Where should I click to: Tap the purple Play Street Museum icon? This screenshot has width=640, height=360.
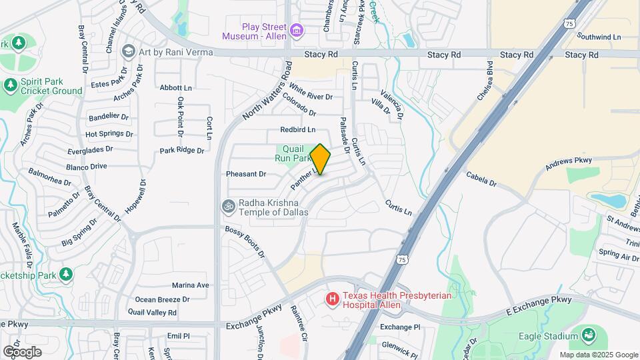296,29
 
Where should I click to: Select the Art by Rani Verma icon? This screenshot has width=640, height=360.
128,51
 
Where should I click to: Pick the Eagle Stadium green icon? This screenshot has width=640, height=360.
588,335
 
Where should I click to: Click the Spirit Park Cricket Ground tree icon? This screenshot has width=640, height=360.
10,85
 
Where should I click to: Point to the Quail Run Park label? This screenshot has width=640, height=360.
294,154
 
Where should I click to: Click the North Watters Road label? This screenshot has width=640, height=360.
267,91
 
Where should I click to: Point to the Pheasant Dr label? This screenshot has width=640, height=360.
246,174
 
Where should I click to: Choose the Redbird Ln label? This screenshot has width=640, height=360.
297,129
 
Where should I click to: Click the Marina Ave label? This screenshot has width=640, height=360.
191,285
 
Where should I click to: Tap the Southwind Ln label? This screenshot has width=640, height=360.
599,37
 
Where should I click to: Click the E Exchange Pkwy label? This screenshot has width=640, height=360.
539,306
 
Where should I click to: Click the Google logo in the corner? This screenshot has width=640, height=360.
22,352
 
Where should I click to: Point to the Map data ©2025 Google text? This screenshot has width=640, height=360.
598,355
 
